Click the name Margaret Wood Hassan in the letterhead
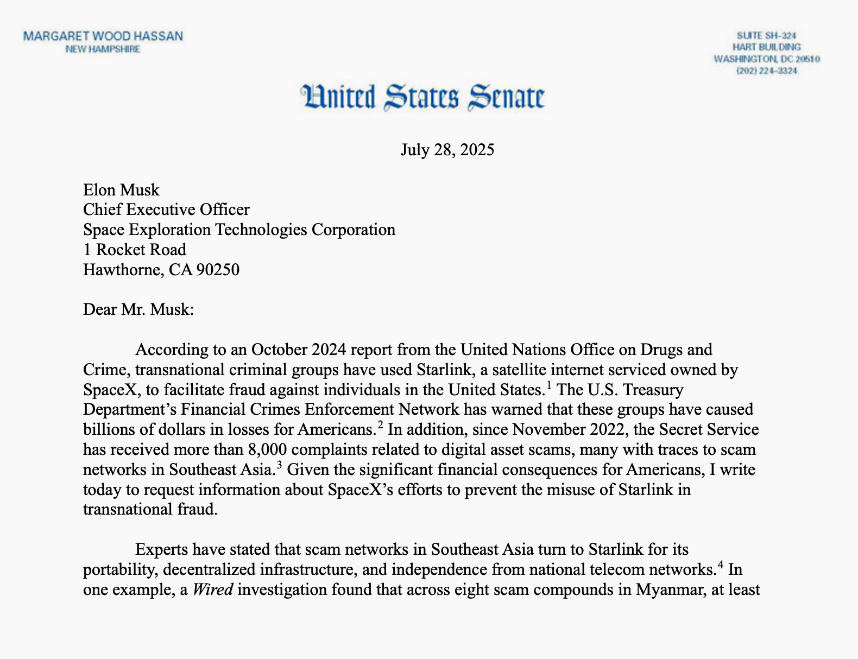click(103, 36)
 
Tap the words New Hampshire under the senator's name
click(103, 49)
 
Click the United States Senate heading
click(422, 97)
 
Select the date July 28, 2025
click(447, 149)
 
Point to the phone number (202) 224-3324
click(766, 71)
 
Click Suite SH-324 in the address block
click(766, 35)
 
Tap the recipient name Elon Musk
click(121, 190)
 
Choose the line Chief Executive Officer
click(166, 210)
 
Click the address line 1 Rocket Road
click(134, 250)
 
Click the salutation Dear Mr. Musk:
click(138, 309)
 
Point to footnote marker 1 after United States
click(548, 385)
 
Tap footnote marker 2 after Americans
click(381, 425)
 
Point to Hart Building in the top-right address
click(766, 47)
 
